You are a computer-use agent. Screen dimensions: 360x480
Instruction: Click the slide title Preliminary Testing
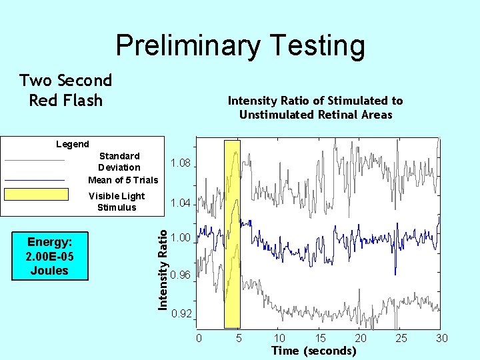(240, 46)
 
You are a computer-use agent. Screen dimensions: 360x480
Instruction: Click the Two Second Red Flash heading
(66, 91)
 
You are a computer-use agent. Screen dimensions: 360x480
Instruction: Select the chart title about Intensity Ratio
(315, 107)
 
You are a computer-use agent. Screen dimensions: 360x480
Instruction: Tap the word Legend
(72, 144)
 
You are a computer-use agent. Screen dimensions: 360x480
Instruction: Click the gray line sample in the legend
(35, 160)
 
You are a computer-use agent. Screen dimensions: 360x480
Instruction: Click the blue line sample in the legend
(35, 180)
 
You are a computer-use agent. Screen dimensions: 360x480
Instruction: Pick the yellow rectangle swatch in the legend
(37, 195)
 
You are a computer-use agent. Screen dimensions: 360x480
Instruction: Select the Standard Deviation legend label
(119, 161)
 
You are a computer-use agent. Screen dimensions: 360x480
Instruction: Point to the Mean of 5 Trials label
(123, 180)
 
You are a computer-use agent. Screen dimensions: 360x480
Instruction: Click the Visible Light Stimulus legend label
(117, 201)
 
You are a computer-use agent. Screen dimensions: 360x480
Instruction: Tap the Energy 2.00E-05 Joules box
(49, 255)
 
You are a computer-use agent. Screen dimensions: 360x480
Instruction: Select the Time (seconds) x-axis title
(313, 351)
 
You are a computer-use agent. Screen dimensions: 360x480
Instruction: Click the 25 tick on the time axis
(401, 339)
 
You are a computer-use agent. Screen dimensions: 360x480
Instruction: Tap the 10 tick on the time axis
(279, 339)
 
